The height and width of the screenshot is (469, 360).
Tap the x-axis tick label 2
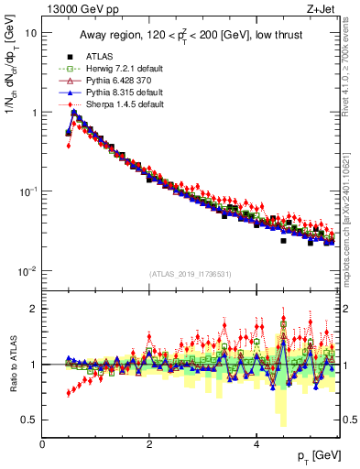[149, 443]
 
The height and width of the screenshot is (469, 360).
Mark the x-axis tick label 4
[256, 443]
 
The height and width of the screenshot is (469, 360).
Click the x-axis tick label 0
[43, 443]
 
